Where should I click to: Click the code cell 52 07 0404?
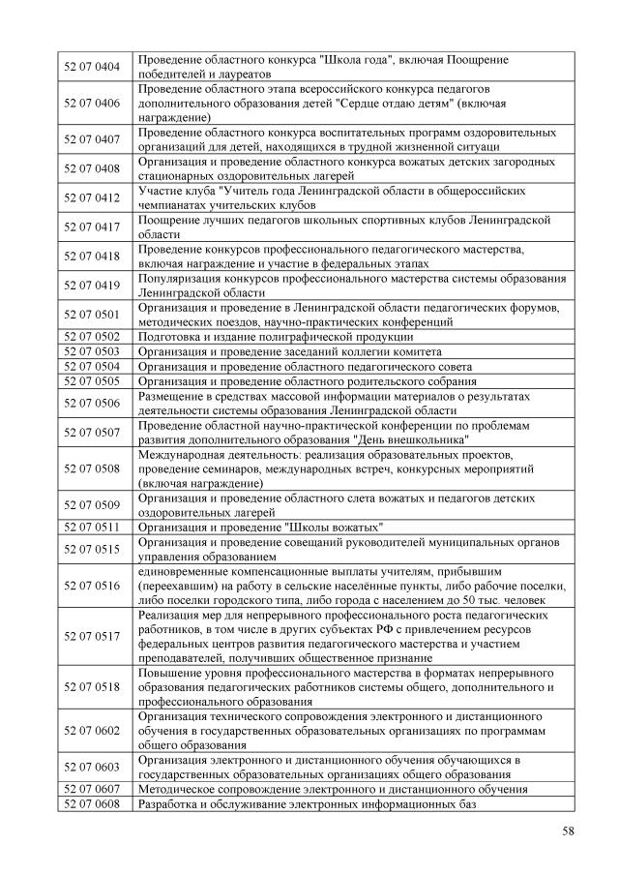[x=92, y=67]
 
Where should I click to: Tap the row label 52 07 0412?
[x=92, y=198]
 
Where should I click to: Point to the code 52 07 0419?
[x=92, y=286]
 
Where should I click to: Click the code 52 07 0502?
[x=92, y=337]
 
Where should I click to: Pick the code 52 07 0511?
[x=92, y=527]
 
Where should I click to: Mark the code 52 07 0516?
[x=92, y=585]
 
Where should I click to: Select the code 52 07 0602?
[x=92, y=730]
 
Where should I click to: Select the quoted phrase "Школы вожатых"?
[x=330, y=527]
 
